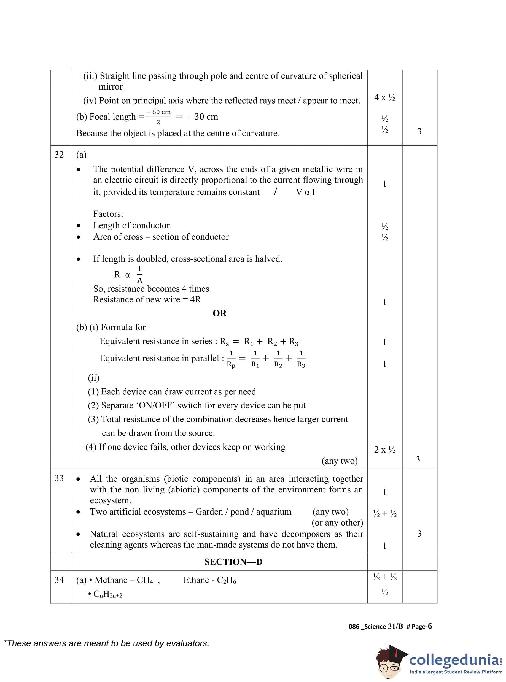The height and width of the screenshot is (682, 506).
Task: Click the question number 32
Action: [x=59, y=155]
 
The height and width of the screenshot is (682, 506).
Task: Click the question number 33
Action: [x=59, y=478]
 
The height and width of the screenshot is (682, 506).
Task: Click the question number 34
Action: [x=59, y=580]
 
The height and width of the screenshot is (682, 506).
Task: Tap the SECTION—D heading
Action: [x=233, y=562]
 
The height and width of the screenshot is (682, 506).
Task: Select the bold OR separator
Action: [x=220, y=313]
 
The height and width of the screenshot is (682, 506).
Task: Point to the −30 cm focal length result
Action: [x=203, y=117]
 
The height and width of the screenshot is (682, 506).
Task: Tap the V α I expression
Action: [x=305, y=192]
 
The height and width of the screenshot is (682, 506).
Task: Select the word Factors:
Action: [x=108, y=214]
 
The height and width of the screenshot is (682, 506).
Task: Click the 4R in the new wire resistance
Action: [x=195, y=299]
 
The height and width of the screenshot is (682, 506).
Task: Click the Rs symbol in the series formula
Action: [x=225, y=342]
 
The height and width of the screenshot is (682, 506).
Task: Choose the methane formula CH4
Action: [x=145, y=580]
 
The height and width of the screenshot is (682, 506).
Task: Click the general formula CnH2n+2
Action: [x=108, y=594]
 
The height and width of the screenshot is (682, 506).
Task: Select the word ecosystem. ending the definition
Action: [x=110, y=500]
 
